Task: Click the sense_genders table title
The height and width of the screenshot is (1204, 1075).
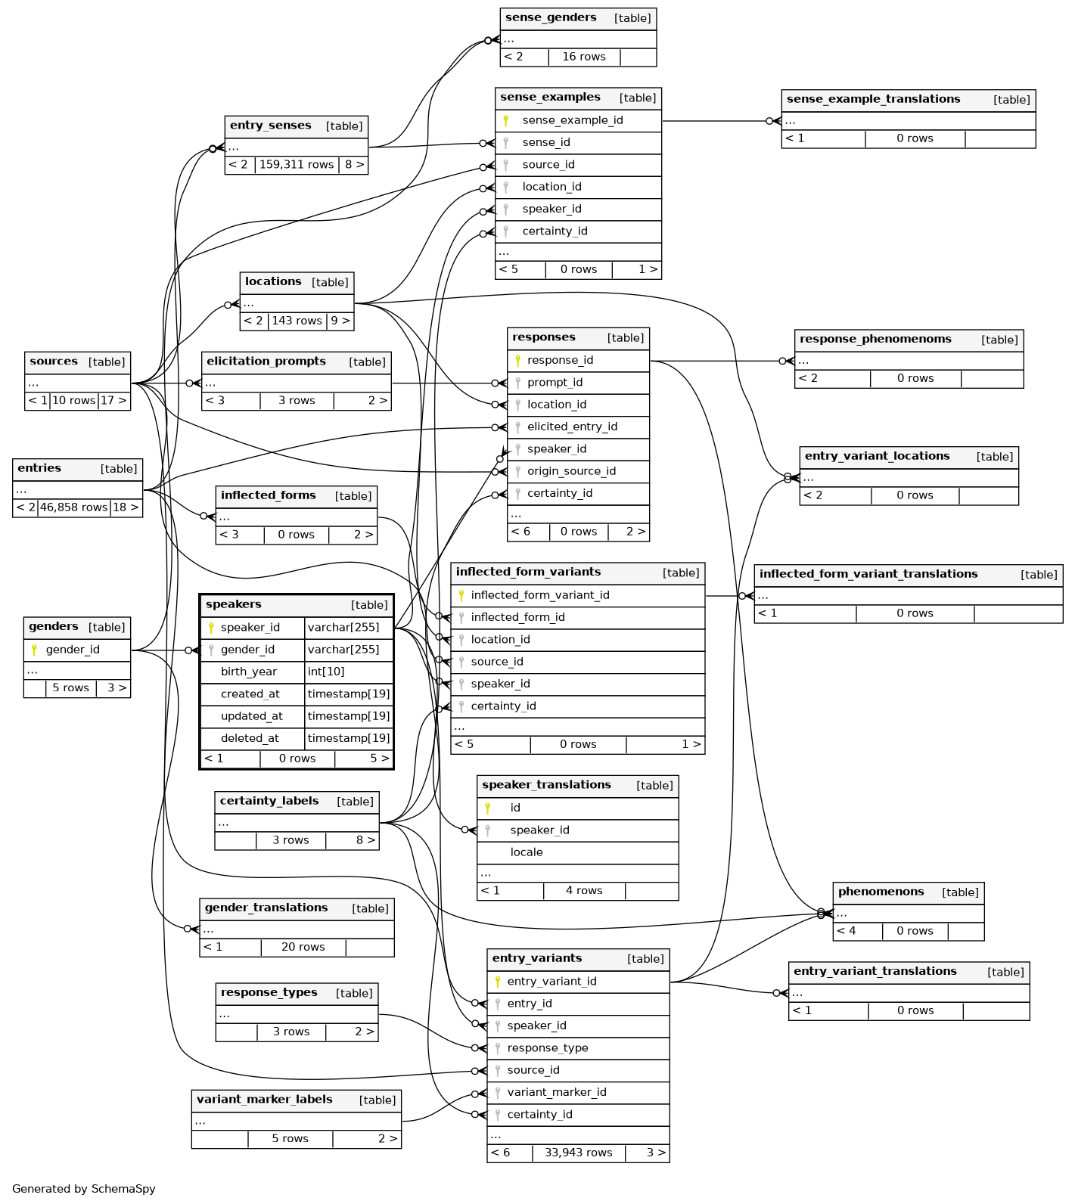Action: pos(551,17)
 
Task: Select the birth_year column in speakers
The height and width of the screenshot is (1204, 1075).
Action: pos(248,672)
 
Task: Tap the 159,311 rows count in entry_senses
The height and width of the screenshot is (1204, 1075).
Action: pos(297,165)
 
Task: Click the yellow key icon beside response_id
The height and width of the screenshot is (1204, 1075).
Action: pos(517,361)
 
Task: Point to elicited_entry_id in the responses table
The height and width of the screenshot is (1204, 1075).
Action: pos(572,427)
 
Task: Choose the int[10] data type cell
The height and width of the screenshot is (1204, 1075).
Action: pos(326,672)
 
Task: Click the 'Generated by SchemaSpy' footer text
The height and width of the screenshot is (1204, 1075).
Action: pos(84,1189)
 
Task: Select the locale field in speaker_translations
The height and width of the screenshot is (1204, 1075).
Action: pos(527,852)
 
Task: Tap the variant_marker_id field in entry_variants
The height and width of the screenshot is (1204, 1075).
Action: pos(557,1092)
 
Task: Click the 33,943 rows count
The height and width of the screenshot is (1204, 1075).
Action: pos(578,1153)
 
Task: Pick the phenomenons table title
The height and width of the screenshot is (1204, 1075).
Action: pos(881,892)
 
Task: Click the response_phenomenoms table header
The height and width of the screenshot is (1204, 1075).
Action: pos(875,339)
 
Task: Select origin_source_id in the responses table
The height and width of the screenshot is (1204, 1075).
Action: pos(571,471)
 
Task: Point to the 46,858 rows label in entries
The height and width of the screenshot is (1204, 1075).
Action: pos(73,507)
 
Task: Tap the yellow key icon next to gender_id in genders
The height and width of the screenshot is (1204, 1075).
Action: pos(34,650)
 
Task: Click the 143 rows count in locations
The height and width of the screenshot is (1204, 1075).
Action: pos(297,321)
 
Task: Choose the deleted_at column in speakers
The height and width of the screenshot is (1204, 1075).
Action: pos(250,738)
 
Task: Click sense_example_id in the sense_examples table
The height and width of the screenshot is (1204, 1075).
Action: pos(572,120)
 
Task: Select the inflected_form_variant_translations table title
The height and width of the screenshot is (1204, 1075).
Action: pos(868,574)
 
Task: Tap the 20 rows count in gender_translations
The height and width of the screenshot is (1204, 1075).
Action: pos(303,947)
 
